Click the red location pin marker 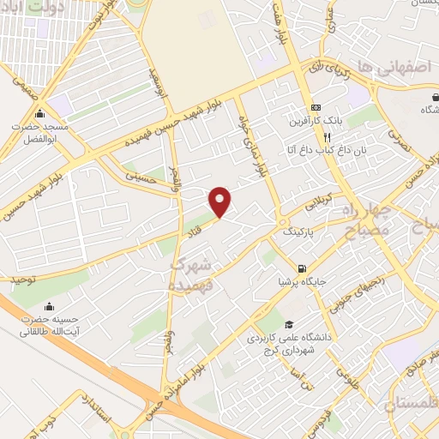[x=220, y=201]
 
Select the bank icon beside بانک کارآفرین [x=316, y=107]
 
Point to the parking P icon [x=286, y=232]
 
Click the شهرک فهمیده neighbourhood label [x=196, y=270]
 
